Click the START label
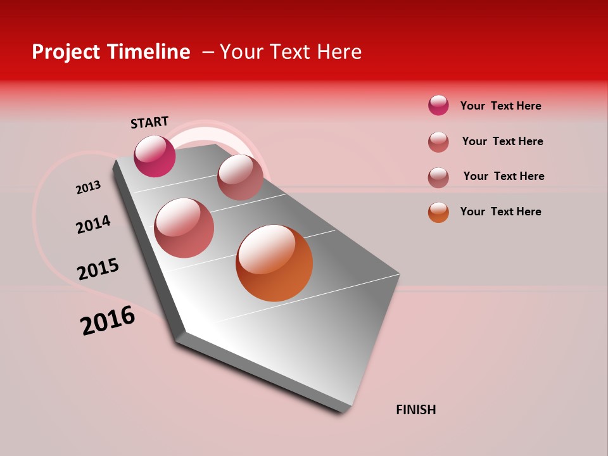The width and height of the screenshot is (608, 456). (x=149, y=122)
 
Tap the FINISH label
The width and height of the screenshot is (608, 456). (x=416, y=410)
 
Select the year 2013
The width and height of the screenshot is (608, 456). (x=88, y=187)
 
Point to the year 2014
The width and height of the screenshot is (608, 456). (x=93, y=224)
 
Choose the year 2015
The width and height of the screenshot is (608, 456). (x=98, y=269)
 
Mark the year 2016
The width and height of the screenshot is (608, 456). (x=108, y=320)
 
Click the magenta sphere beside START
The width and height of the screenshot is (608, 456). (x=155, y=156)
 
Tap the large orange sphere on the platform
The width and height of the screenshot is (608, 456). (x=274, y=263)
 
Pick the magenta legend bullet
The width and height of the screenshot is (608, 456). (x=438, y=105)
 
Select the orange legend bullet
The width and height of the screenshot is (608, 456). (x=438, y=212)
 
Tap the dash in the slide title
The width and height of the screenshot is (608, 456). (x=208, y=52)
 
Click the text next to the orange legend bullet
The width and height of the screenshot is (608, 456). (x=500, y=212)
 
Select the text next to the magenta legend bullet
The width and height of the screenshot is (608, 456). (x=500, y=106)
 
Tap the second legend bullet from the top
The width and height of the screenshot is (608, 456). (x=438, y=141)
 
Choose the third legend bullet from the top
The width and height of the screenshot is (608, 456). (x=438, y=177)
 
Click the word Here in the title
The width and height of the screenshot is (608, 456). (x=339, y=52)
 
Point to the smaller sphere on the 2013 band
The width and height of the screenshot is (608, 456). (x=240, y=177)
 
